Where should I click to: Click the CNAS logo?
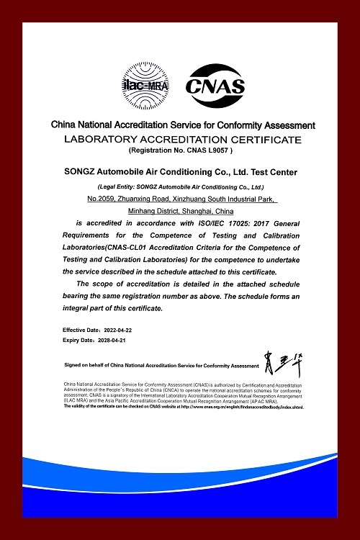point(215,85)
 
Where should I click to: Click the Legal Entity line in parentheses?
point(179,186)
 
